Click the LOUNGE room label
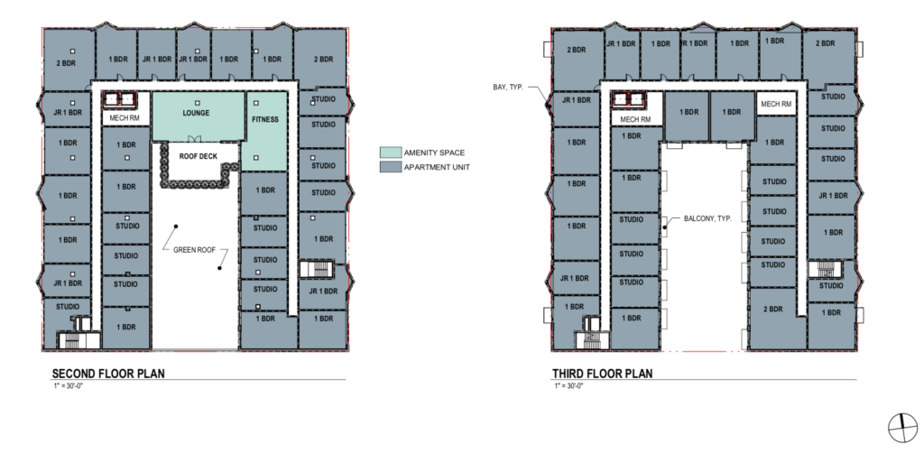point(196,113)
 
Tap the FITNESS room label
point(265,120)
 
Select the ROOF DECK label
point(198,157)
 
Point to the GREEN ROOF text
point(195,250)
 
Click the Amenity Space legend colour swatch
point(390,153)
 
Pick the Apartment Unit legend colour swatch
point(390,167)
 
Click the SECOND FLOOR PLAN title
point(108,374)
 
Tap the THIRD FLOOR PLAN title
point(602,374)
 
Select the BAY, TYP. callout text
point(508,88)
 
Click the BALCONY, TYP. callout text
point(707,218)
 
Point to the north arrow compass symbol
point(902,428)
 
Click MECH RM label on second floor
point(125,118)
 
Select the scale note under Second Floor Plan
point(68,386)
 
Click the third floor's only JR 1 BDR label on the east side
point(833,196)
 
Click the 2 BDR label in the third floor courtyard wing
point(772,310)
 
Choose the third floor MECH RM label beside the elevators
point(634,120)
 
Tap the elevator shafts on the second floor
point(120,99)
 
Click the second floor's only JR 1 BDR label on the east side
point(323,291)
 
